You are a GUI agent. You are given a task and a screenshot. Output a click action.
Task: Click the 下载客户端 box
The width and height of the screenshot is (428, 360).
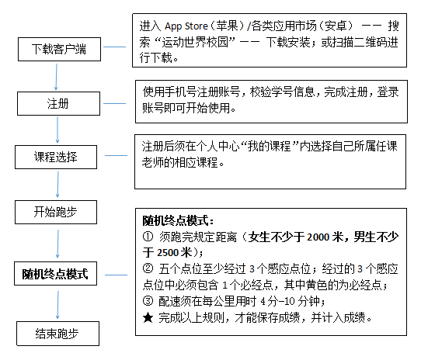tap(59, 50)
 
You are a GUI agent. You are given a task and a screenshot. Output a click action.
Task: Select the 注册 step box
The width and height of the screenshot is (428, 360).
tap(58, 104)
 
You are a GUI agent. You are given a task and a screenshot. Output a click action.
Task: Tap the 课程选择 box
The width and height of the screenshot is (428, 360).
tap(56, 157)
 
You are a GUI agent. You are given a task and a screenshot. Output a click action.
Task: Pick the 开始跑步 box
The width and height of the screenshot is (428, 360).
tap(56, 212)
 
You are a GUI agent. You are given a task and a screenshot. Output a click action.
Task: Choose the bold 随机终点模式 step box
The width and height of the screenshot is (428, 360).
tap(55, 274)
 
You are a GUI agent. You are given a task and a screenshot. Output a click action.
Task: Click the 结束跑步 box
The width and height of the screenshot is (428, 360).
tap(57, 334)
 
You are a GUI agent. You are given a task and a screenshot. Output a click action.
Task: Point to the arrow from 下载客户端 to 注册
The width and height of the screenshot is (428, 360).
tap(56, 77)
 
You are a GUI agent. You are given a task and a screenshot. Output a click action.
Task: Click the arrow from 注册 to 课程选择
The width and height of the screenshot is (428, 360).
tap(57, 130)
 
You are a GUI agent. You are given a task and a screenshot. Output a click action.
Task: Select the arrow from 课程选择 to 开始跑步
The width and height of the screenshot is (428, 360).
tap(57, 185)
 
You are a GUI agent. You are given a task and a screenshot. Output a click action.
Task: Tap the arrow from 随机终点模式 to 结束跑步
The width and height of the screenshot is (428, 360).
tap(57, 305)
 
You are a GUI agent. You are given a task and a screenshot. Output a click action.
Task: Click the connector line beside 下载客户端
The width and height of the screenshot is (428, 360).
tap(115, 47)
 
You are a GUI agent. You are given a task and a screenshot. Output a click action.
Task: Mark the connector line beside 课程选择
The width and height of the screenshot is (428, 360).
tap(116, 155)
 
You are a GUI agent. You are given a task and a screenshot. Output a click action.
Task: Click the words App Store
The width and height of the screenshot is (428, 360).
tap(186, 26)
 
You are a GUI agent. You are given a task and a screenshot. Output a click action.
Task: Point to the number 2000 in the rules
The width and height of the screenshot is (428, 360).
tap(318, 237)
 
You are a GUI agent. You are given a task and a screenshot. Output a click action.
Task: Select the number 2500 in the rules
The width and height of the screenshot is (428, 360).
tap(168, 253)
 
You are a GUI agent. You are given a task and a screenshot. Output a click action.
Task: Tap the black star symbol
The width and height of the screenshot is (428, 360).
tap(148, 317)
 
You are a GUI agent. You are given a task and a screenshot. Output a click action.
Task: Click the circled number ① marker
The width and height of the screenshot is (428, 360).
tap(148, 237)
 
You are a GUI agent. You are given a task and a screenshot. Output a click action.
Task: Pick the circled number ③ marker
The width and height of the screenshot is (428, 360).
tap(148, 301)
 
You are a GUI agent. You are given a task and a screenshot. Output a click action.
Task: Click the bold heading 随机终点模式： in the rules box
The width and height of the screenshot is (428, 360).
tap(178, 220)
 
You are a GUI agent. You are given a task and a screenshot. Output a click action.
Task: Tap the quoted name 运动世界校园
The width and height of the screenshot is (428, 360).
tap(195, 42)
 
